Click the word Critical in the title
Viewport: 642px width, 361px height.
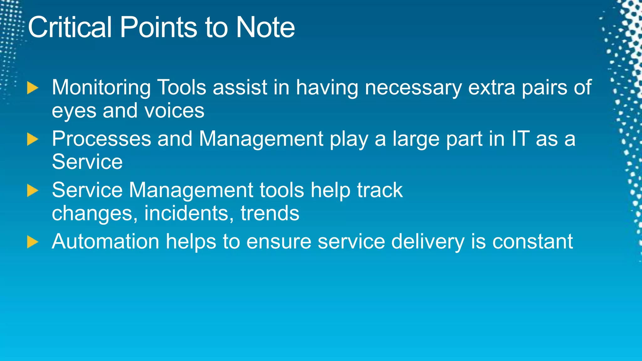point(70,28)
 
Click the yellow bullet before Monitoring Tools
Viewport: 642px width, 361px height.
point(32,88)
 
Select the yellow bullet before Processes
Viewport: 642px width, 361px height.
point(32,139)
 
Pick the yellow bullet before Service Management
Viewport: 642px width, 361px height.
point(32,191)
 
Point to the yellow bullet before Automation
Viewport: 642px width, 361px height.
point(32,242)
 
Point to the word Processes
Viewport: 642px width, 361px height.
point(101,139)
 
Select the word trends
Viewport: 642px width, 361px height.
point(270,214)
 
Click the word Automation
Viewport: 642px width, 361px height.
point(105,242)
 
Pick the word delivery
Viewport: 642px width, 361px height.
point(428,242)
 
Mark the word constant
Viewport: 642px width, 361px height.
point(532,242)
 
